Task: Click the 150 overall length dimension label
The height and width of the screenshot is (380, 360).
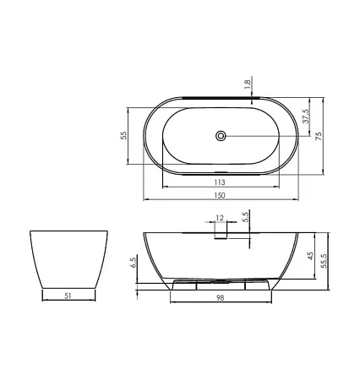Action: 220,195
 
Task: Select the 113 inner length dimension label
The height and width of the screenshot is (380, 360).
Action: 220,182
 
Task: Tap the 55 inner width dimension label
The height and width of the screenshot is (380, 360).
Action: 123,136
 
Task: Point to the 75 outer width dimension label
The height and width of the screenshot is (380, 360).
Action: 319,136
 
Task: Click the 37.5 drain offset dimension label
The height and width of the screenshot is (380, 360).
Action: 306,116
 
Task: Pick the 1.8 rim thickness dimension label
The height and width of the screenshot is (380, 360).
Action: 247,84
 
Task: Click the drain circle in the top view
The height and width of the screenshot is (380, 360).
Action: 221,136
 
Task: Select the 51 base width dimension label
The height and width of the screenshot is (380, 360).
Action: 68,296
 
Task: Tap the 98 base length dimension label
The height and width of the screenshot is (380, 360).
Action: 221,297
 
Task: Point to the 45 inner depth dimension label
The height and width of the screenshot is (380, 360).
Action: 310,256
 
